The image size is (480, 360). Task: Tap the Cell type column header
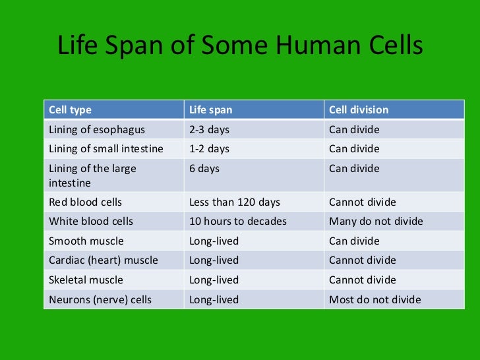point(71,109)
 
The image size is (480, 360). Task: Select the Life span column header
point(211,109)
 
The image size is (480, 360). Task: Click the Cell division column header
point(359,109)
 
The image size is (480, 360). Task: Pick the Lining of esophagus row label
point(97,129)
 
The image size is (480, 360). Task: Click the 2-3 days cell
point(209,129)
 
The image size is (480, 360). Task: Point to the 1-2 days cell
point(209,148)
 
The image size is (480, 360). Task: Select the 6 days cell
point(204,168)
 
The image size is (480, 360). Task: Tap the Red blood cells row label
point(86,202)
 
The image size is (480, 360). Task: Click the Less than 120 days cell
point(235,202)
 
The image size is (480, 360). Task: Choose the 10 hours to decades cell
point(238,221)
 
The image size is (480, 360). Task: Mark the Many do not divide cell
point(376,221)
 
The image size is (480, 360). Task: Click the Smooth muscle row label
point(86,241)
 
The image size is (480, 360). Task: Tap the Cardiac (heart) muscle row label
point(104,260)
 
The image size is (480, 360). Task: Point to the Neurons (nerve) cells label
point(100,299)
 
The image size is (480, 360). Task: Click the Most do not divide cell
point(375,299)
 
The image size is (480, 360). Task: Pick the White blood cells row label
point(91,221)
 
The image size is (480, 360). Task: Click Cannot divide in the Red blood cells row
point(363,202)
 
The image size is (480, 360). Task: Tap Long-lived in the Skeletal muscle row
point(214,280)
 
